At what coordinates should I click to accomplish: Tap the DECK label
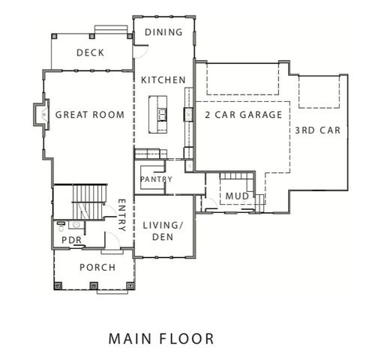90,52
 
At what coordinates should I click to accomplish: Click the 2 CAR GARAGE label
243,115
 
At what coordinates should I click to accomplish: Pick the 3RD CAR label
317,130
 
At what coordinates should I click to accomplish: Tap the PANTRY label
156,180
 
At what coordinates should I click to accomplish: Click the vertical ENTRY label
122,214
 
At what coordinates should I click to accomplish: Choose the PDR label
70,241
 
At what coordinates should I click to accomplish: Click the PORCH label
97,268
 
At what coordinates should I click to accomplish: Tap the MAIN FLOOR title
160,338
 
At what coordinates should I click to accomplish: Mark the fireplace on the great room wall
37,115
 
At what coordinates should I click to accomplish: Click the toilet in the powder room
59,224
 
